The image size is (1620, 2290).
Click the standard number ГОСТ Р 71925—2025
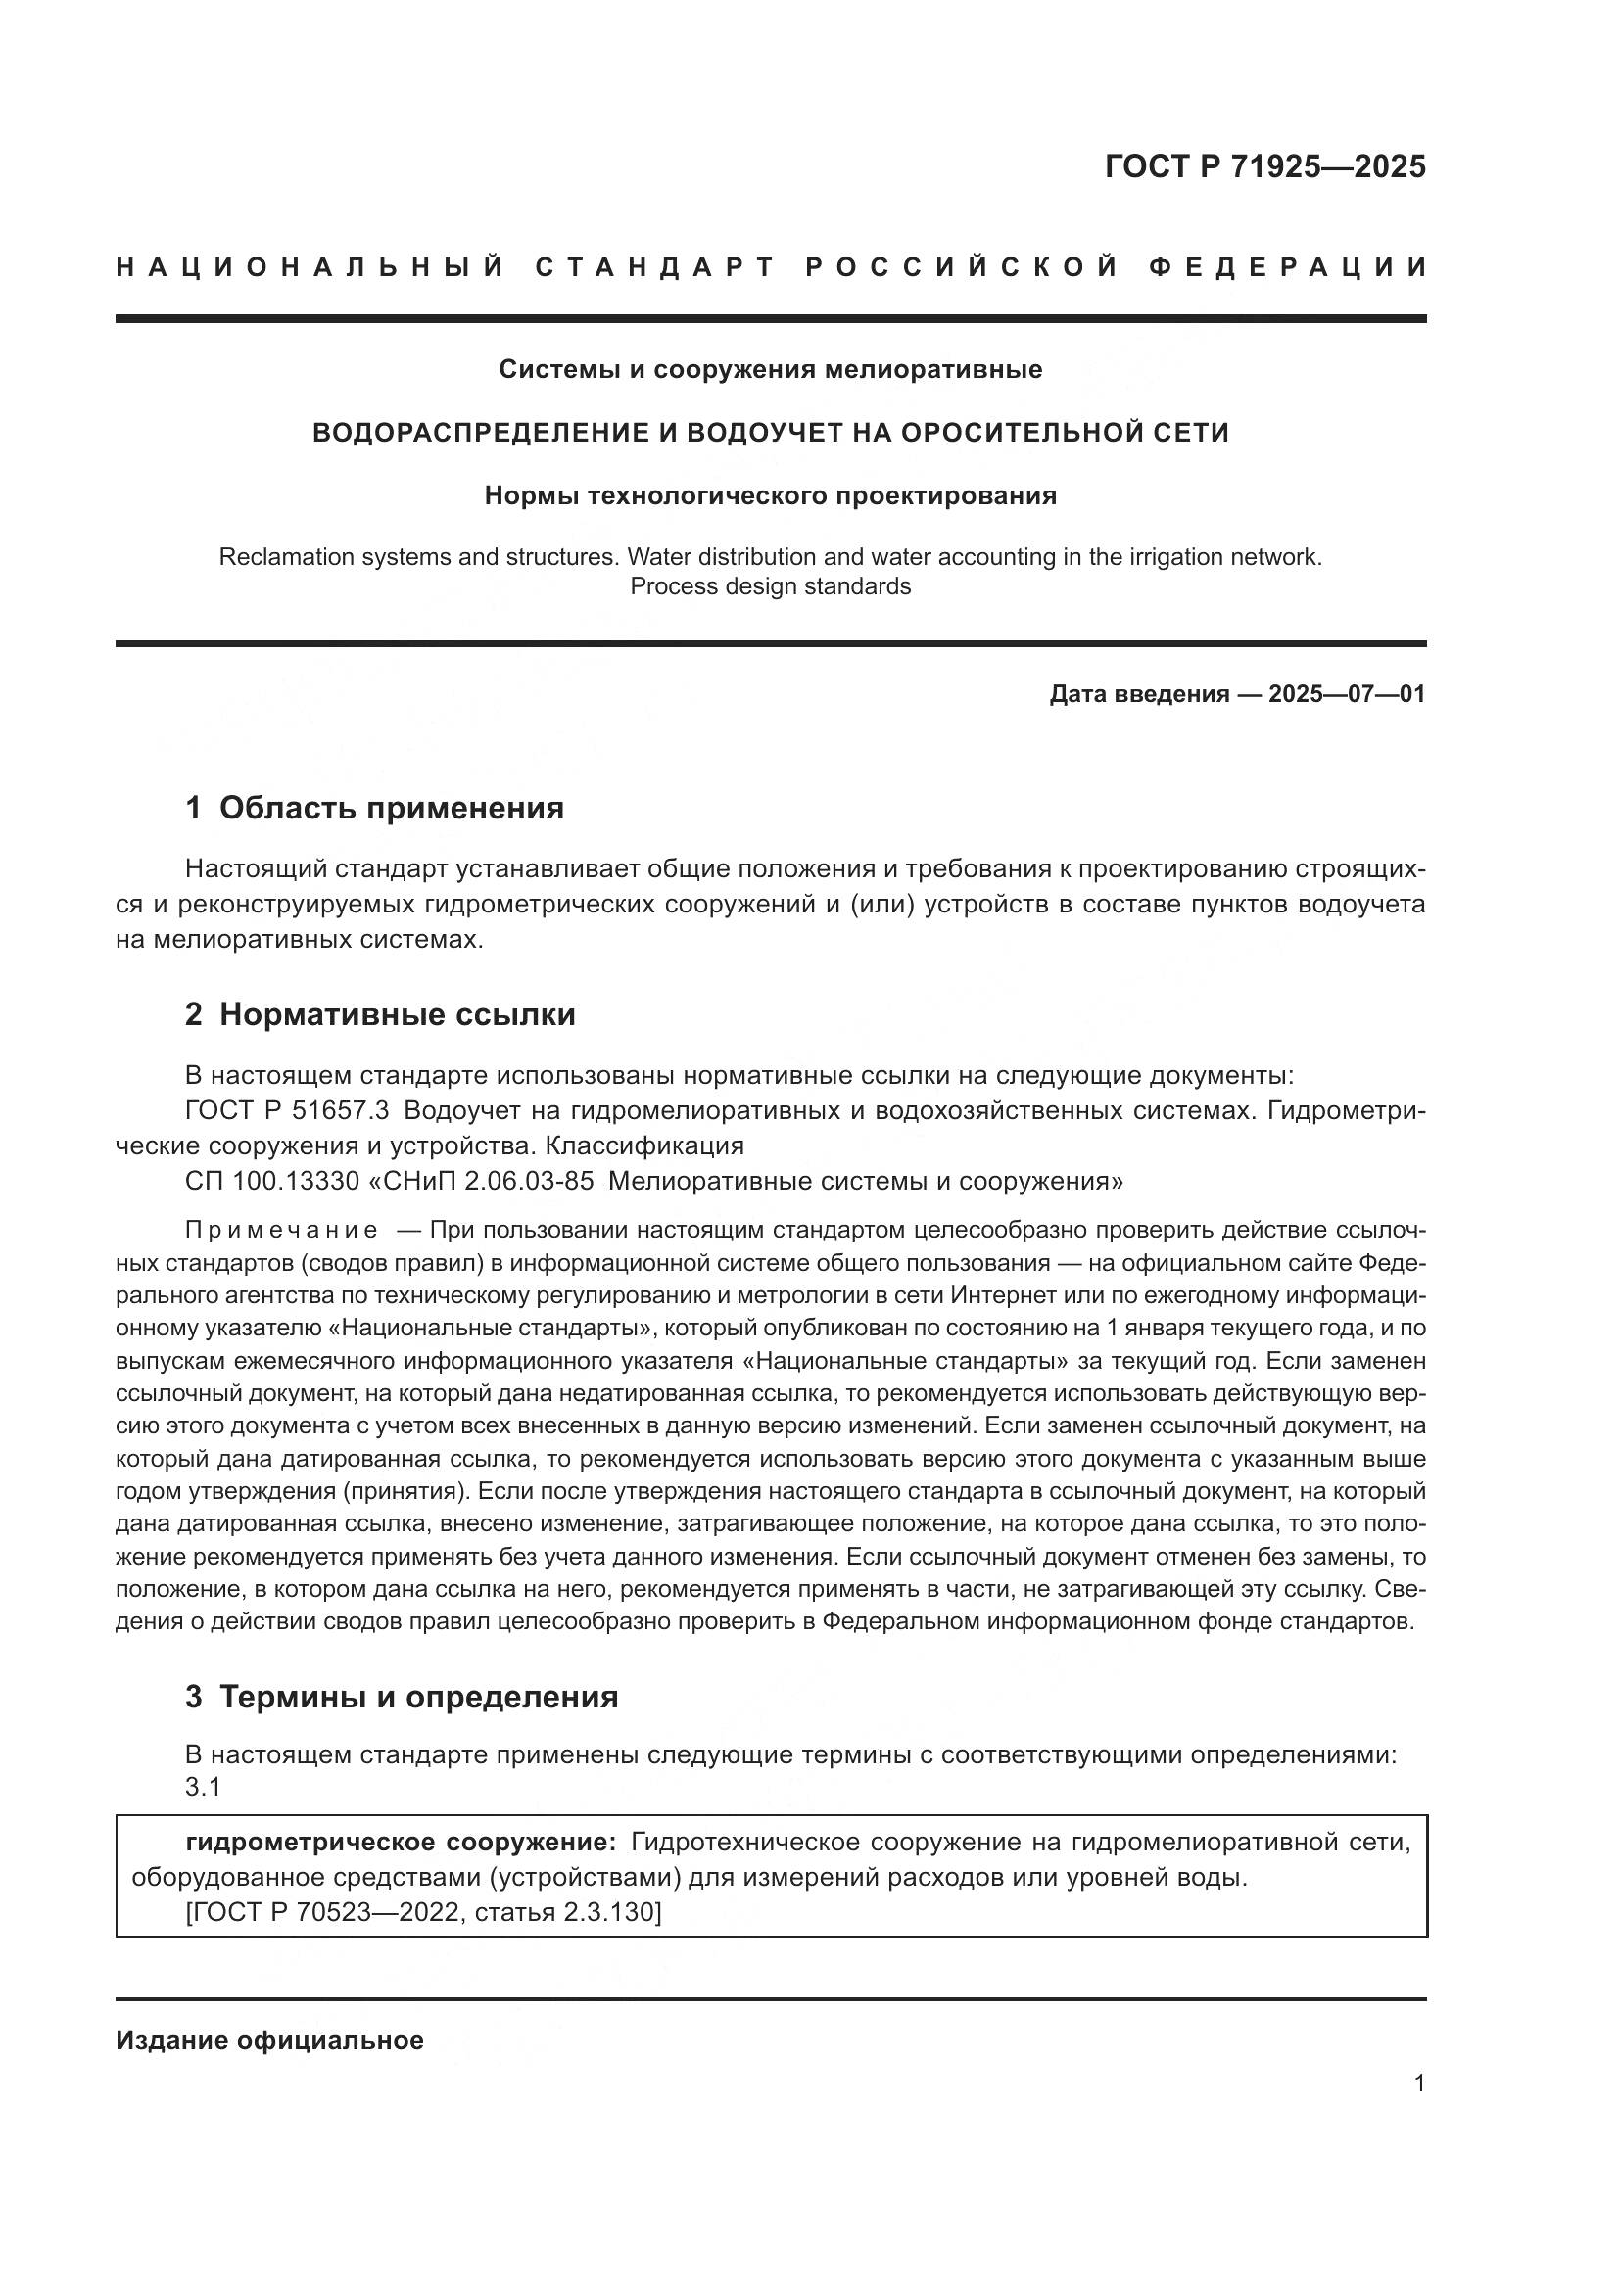[1264, 166]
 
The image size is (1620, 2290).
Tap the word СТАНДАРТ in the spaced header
[655, 267]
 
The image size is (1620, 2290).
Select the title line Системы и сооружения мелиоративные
[770, 370]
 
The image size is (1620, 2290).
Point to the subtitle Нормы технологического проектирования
[770, 495]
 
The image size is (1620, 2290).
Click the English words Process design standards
[770, 586]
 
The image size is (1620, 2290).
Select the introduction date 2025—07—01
[1346, 694]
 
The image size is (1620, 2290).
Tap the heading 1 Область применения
[374, 808]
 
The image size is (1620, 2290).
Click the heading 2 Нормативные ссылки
[380, 1014]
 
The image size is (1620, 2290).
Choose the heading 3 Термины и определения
[401, 1697]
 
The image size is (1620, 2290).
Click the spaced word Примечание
[281, 1230]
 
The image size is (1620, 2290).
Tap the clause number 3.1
[203, 1788]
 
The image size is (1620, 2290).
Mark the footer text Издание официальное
[269, 2040]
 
